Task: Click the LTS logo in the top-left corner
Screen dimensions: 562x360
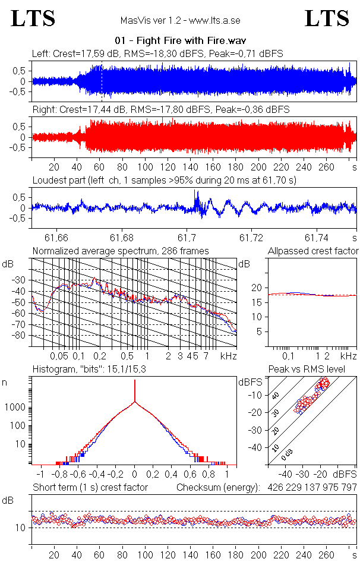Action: pos(33,18)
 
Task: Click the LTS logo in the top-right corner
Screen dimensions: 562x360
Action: pos(327,18)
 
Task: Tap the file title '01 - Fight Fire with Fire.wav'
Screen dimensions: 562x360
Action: pos(181,40)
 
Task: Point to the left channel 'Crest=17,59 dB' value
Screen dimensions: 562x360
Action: pos(85,53)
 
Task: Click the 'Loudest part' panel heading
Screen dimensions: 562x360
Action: pos(164,179)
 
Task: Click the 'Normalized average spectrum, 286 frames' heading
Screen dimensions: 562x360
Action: pos(121,251)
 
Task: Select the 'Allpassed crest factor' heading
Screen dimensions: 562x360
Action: pos(312,251)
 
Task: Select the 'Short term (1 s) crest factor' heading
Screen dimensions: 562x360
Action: pos(90,487)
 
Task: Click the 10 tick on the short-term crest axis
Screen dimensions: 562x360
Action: pos(19,528)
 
